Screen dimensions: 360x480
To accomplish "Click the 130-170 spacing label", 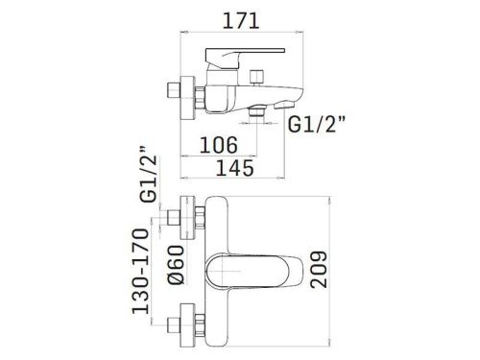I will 139,272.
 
